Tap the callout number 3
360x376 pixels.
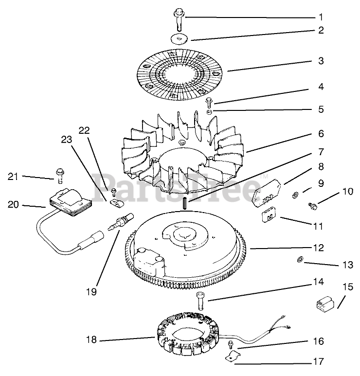click(321, 61)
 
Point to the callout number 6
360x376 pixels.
click(321, 133)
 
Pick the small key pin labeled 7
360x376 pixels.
click(185, 203)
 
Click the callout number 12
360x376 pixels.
click(318, 248)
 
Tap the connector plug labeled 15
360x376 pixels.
click(322, 305)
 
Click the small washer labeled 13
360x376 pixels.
click(300, 261)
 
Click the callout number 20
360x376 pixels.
click(13, 204)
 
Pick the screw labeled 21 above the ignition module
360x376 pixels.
click(60, 172)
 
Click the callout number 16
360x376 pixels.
click(318, 341)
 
